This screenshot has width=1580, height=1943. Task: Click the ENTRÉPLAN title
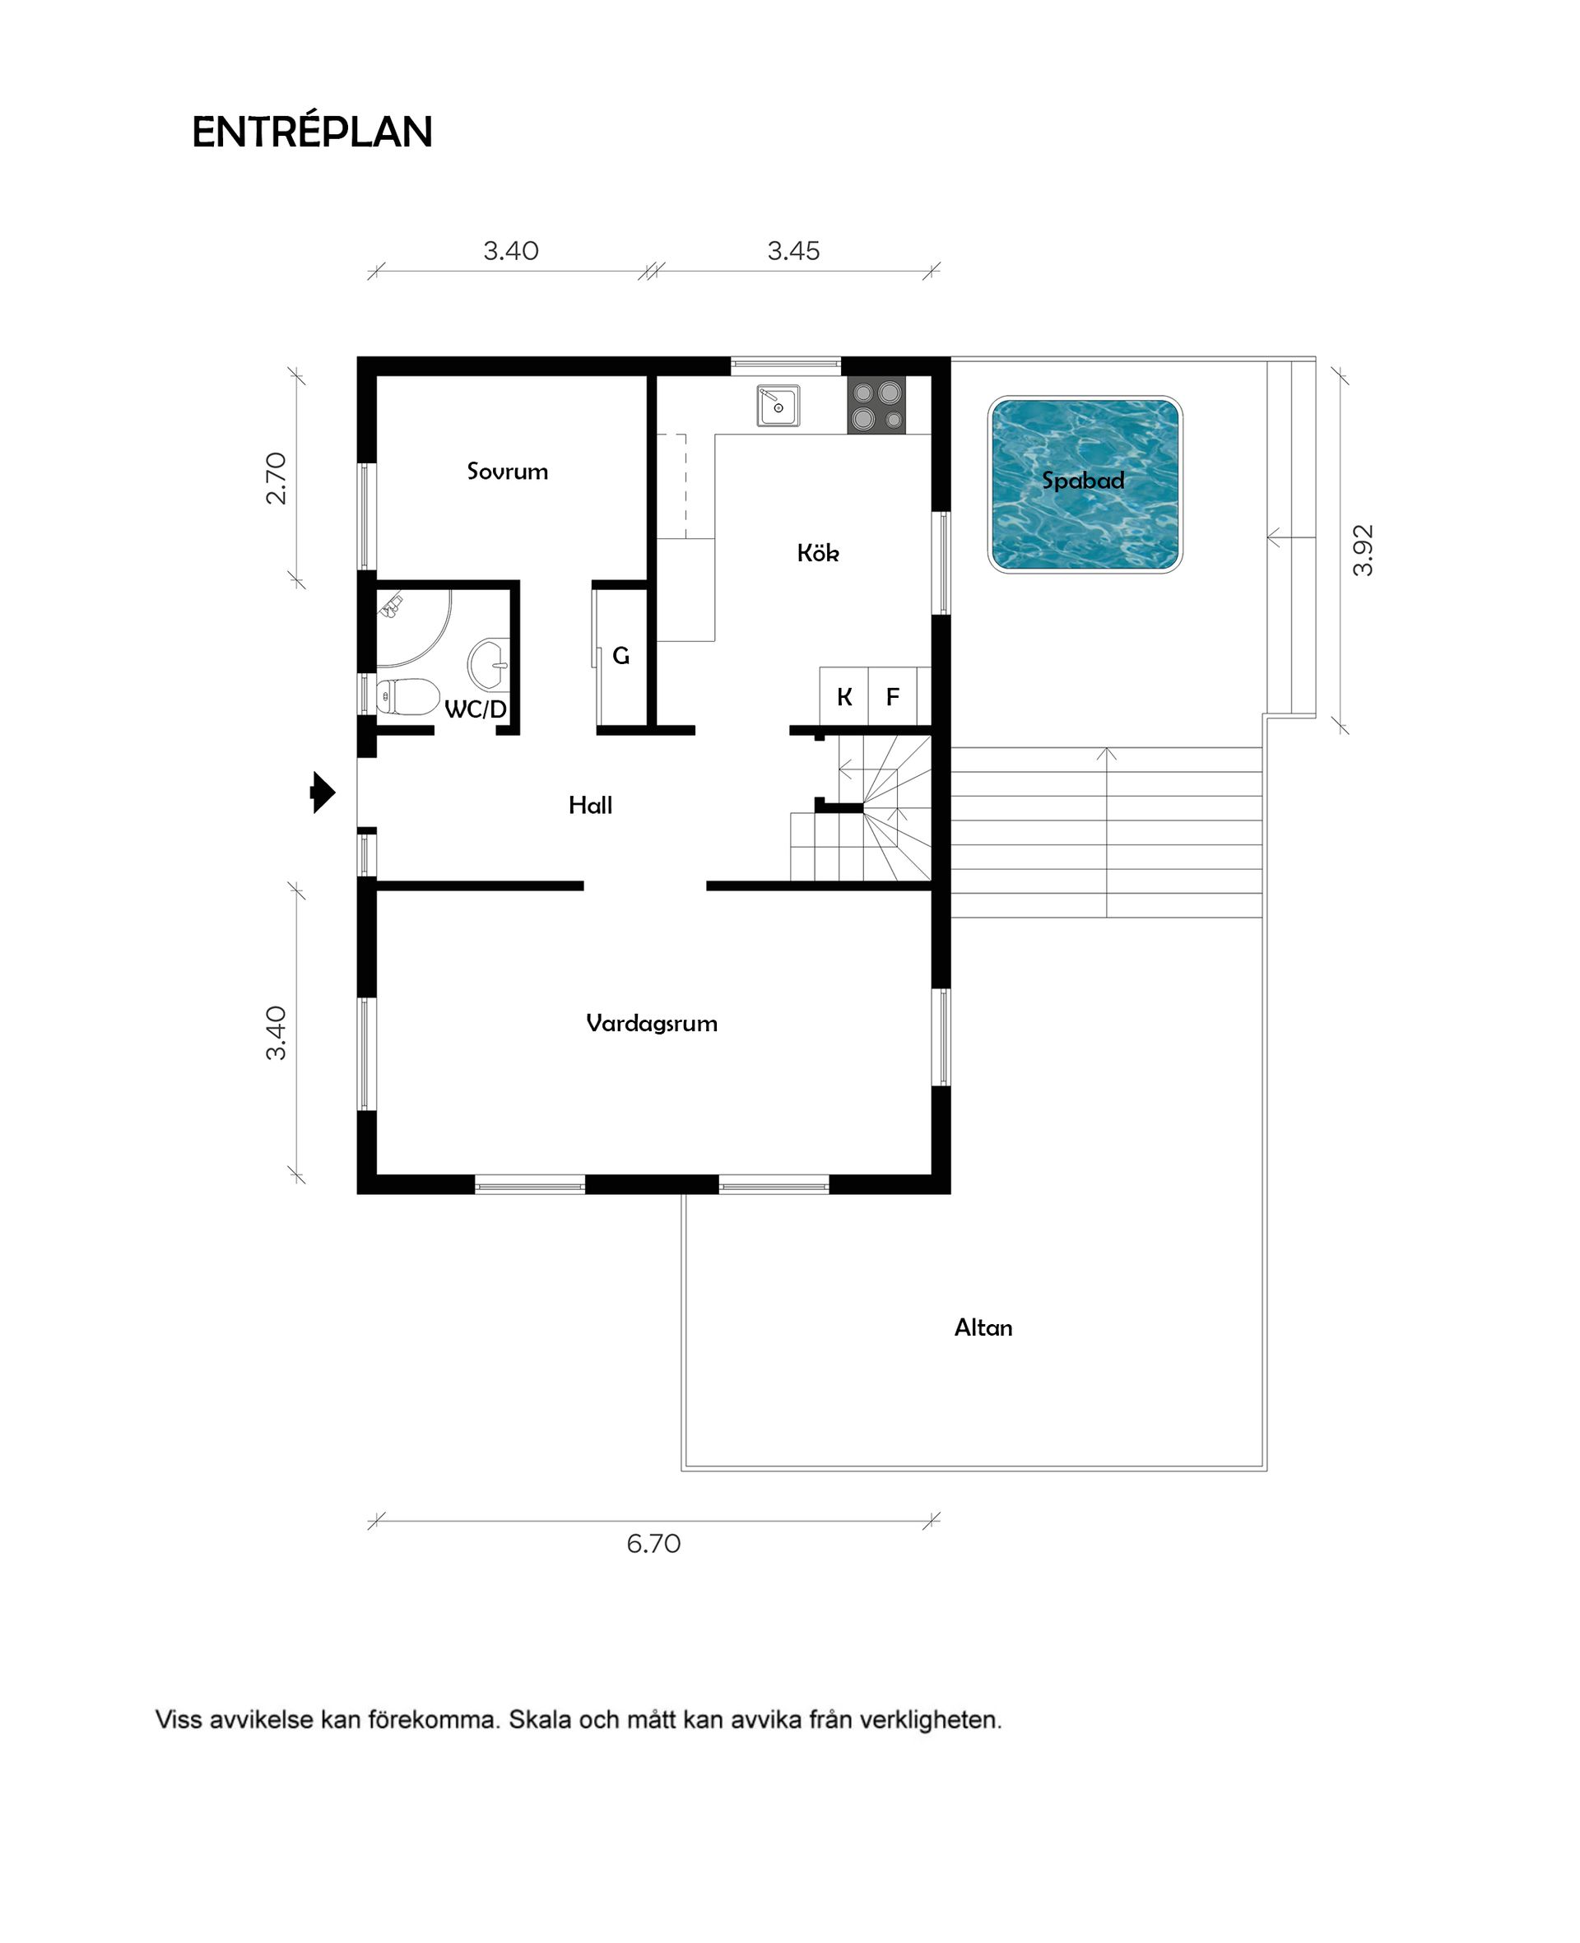click(x=312, y=132)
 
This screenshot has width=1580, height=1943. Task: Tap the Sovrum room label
click(x=507, y=472)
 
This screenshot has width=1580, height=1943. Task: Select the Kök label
click(x=817, y=552)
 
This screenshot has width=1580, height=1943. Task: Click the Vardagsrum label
click(x=652, y=1024)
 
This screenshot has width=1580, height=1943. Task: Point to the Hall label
click(x=590, y=805)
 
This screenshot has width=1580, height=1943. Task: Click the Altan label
click(x=983, y=1327)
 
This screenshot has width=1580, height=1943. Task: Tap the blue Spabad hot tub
click(x=1085, y=484)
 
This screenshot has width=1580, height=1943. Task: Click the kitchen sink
click(x=778, y=406)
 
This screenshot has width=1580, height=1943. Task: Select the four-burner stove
click(x=876, y=405)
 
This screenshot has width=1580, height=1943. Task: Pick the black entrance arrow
click(x=323, y=792)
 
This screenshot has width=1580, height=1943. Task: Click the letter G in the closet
click(x=620, y=655)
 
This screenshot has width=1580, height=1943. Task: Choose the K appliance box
click(x=844, y=696)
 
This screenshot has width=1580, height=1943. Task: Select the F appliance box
click(x=893, y=696)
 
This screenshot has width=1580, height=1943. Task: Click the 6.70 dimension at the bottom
click(x=653, y=1544)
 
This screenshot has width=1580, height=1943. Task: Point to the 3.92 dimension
click(x=1363, y=551)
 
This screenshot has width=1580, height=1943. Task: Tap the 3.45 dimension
click(x=793, y=250)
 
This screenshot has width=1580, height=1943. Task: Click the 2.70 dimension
click(x=276, y=478)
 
